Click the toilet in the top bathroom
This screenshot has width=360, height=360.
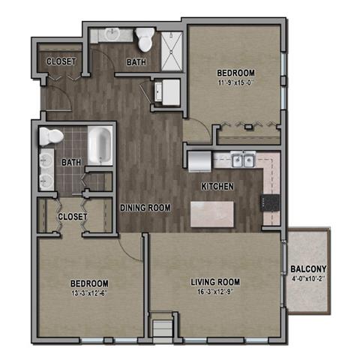145,37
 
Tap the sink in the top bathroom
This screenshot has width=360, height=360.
112,34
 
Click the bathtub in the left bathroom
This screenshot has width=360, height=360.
99,145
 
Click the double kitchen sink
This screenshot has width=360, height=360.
241,160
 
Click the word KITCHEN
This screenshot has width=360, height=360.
217,186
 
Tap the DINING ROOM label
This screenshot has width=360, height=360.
145,208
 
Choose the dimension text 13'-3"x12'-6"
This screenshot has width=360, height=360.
90,293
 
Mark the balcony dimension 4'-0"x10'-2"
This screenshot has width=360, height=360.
308,281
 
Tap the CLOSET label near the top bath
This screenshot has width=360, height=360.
59,61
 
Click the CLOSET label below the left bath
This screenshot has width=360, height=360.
73,217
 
